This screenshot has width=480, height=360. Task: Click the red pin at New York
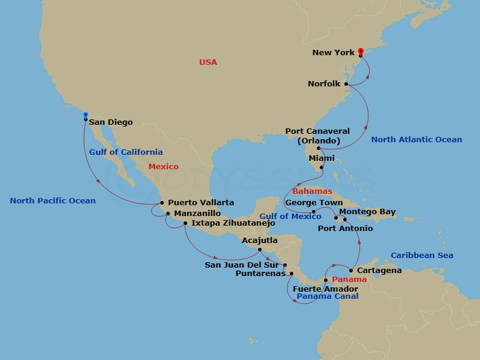tap(361, 52)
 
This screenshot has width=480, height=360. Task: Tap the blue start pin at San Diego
tap(86, 115)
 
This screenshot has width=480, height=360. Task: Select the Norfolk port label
tap(324, 84)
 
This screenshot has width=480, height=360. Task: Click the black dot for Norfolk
tap(346, 84)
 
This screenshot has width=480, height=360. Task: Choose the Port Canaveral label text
tap(317, 131)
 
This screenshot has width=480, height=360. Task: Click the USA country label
tap(208, 62)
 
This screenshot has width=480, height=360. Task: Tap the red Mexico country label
tap(163, 166)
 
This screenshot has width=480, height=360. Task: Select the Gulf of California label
tap(125, 152)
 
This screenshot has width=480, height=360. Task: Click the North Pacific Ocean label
tap(53, 200)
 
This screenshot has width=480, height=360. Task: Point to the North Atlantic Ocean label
tap(416, 139)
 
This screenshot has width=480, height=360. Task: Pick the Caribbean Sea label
tap(422, 255)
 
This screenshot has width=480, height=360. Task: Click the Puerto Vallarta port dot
tap(162, 203)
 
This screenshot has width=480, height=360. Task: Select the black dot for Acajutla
tap(259, 250)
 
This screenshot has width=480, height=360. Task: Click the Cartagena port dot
tap(351, 271)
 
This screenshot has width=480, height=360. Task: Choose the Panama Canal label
tap(328, 296)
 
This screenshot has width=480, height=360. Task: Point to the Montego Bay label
tap(367, 212)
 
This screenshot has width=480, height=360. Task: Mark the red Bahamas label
tap(312, 191)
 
